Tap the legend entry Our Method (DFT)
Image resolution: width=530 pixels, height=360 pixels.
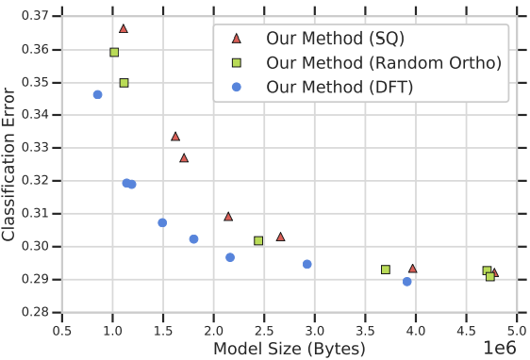coord(326,87)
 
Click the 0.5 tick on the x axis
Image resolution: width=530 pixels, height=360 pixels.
coord(62,331)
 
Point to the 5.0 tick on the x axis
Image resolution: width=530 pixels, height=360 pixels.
coord(516,331)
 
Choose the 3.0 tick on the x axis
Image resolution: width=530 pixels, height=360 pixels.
coord(314,331)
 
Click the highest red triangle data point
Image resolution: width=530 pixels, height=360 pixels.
coord(124,28)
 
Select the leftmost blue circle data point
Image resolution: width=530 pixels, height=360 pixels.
coord(98,94)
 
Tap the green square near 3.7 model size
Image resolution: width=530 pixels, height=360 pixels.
coord(386,270)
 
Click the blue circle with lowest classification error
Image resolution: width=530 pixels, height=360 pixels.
coord(407,282)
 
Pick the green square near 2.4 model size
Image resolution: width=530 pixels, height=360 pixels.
coord(258,241)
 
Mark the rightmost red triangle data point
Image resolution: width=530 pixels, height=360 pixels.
coord(494,272)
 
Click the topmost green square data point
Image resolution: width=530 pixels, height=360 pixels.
coord(114,53)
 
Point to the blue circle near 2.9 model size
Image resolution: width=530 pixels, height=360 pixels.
coord(307,264)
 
